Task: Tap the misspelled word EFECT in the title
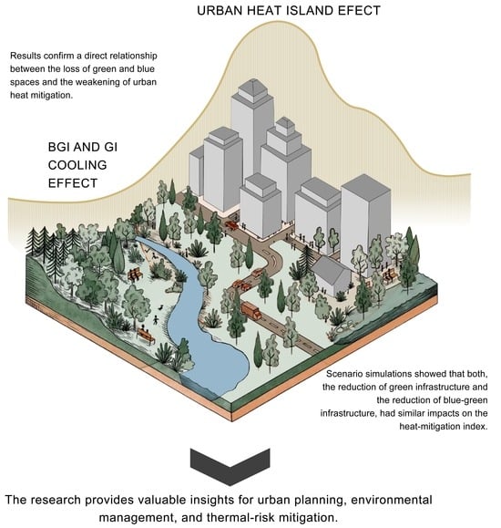pyautogui.click(x=359, y=10)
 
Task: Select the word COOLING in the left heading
pyautogui.click(x=77, y=165)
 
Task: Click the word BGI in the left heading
pyautogui.click(x=59, y=147)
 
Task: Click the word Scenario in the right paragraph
pyautogui.click(x=343, y=374)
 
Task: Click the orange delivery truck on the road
pyautogui.click(x=250, y=310)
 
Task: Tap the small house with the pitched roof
pyautogui.click(x=332, y=274)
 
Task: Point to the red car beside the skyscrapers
pyautogui.click(x=231, y=225)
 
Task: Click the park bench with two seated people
pyautogui.click(x=146, y=334)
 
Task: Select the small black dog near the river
pyautogui.click(x=161, y=307)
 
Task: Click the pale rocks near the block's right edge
pyautogui.click(x=346, y=325)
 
